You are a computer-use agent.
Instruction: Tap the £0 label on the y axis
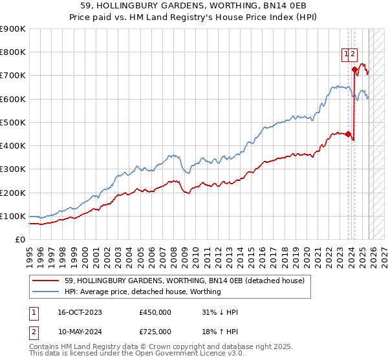[x=20, y=240]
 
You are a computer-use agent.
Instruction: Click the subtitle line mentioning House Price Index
[x=194, y=17]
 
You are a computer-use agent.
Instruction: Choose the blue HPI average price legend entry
[x=143, y=292]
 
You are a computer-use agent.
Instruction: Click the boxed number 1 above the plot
[x=346, y=55]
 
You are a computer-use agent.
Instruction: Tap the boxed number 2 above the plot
[x=353, y=55]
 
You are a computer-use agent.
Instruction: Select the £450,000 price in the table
[x=155, y=312]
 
